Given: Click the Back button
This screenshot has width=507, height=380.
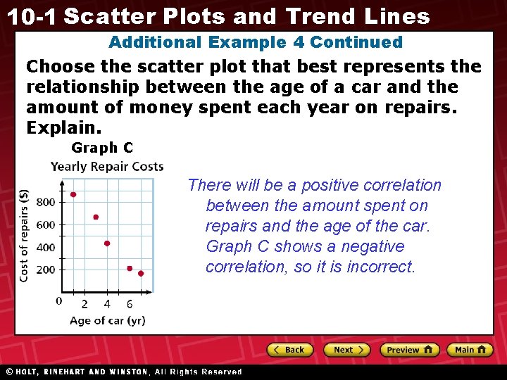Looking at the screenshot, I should (290, 350).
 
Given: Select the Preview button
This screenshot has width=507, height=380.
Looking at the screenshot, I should (409, 350).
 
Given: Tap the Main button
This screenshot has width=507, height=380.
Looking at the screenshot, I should (470, 350).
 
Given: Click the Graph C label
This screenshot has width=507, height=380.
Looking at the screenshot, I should (102, 148).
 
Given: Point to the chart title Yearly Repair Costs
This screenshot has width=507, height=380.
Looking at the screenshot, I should (107, 167).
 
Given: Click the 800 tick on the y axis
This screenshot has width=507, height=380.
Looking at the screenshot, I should (45, 203).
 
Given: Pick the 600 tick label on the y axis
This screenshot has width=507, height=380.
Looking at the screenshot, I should (45, 225).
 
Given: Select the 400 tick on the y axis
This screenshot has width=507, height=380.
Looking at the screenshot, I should (45, 248).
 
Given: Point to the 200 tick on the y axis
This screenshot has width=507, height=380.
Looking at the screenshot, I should (45, 270).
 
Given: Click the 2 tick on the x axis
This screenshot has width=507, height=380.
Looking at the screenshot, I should (84, 304).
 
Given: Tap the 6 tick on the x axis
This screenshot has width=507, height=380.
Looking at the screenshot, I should (130, 304).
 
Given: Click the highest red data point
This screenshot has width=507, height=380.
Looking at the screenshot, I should (73, 195).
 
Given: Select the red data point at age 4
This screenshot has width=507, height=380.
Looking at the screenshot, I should (107, 243).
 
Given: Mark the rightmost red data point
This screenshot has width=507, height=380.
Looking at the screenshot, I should (141, 273).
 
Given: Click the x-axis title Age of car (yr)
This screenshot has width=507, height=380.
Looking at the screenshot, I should (107, 321).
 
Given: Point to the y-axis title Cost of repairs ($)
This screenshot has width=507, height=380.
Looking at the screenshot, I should (24, 235).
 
